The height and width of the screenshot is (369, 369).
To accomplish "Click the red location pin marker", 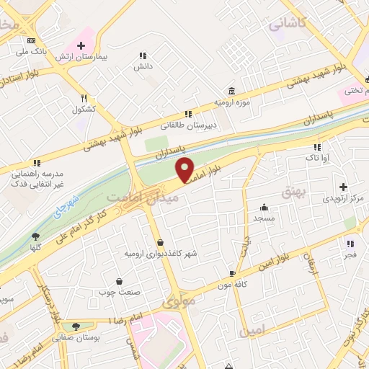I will click(186, 170).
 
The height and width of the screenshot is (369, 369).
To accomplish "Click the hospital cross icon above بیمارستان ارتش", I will click(91, 45).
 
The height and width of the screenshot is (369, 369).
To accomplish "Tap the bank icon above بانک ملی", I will click(31, 41).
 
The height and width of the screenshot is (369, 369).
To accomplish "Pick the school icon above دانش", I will click(143, 55).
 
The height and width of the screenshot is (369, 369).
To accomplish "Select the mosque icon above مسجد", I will click(264, 206).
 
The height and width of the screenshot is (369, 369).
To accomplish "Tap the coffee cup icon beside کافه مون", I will click(232, 274).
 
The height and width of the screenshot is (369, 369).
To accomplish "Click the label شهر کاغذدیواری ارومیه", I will click(160, 254).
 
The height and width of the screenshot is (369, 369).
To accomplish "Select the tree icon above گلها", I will click(35, 236).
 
